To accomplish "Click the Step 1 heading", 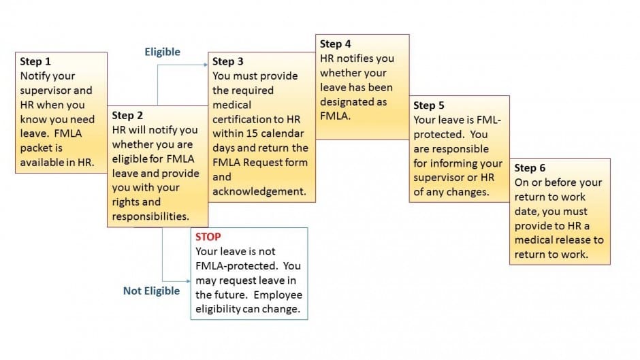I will point(35,61).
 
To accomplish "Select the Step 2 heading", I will point(127,115).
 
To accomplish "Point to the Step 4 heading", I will point(336,44).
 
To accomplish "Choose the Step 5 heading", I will point(429,105).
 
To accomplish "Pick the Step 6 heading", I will point(530,168).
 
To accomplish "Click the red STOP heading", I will point(208,237).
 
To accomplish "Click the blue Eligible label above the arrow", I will point(163,52).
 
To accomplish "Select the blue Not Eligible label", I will point(151,291).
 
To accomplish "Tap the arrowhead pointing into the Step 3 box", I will point(206,65).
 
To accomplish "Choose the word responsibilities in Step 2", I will point(150,216).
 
